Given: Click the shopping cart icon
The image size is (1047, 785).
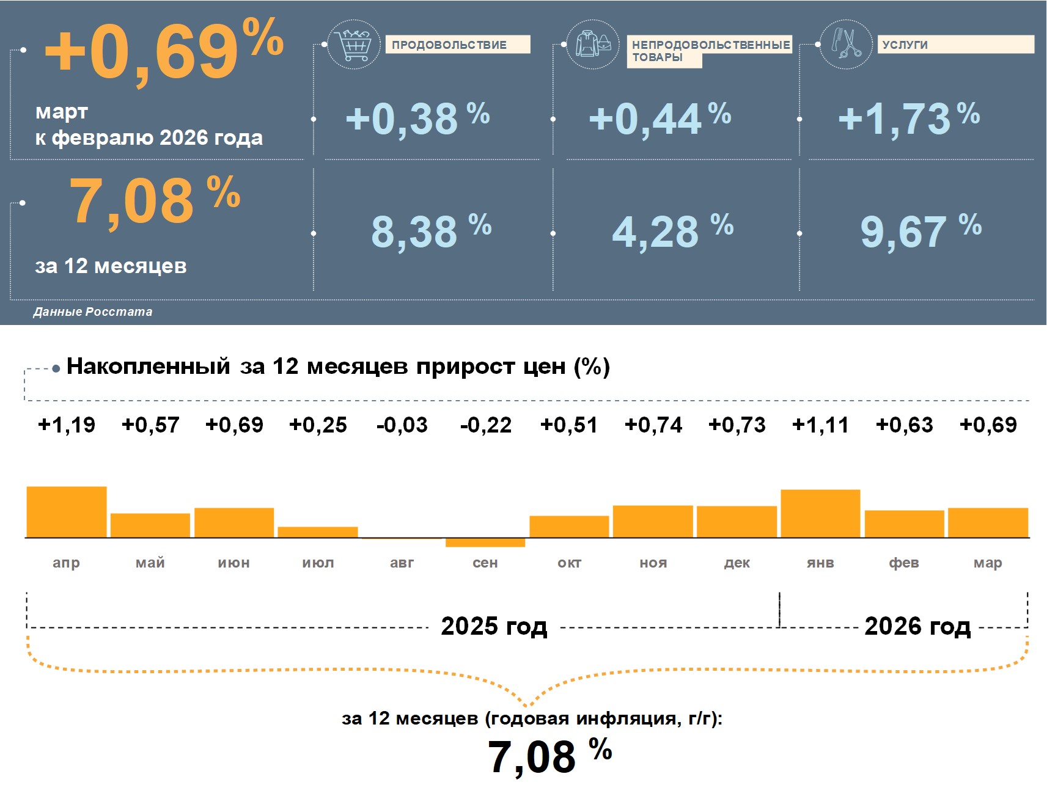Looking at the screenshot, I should point(354,44).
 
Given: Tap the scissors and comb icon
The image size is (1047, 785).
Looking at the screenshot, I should point(845,44).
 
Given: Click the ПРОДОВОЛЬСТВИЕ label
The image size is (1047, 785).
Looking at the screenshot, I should point(449,45).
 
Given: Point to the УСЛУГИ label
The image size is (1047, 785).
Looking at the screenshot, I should point(905,45).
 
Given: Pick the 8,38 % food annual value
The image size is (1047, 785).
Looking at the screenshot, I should point(431,231).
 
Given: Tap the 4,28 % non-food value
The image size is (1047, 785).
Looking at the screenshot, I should point(672,231).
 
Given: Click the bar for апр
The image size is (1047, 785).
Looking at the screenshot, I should point(67,512).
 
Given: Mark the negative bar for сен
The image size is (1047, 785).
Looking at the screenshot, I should point(485,542).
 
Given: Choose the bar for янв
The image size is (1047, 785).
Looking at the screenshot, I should point(820,514).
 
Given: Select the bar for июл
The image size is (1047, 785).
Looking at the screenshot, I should point(318,532).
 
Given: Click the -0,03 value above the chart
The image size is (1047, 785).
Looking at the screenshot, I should point(402,425).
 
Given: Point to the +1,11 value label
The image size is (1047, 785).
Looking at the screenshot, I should point(820,425).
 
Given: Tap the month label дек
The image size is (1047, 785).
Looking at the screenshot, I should point(737,563).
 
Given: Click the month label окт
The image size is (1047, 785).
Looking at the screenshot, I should point(569,563).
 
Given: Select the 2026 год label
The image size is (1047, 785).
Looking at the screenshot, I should point(917,626).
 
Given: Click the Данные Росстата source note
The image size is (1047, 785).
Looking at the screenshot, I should point(93,312).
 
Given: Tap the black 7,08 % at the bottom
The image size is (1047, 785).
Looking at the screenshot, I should point(549,756).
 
